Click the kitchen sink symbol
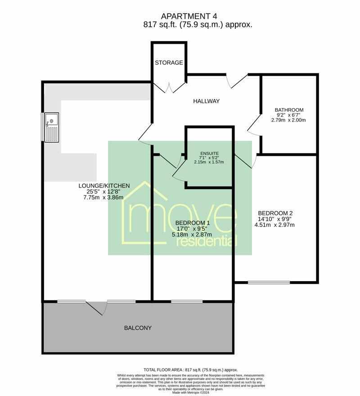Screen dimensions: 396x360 point(51,127)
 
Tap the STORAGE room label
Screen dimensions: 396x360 point(169,63)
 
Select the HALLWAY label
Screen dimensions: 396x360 point(206,101)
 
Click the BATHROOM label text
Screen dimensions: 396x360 point(289,110)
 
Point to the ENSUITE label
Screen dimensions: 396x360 point(208,153)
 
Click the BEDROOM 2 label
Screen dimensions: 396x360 point(276,213)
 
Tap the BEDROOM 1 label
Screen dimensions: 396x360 point(193,223)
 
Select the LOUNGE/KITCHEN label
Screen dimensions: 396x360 point(104,185)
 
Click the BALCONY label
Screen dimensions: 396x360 point(138,328)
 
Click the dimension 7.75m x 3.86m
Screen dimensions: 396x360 point(104,197)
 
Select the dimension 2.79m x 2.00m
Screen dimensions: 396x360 point(289,120)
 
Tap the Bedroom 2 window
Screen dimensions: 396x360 point(269,282)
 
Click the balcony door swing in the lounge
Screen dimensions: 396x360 point(96,308)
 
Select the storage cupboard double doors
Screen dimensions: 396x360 point(169,87)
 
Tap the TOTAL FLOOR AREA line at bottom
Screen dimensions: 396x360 point(190,369)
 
